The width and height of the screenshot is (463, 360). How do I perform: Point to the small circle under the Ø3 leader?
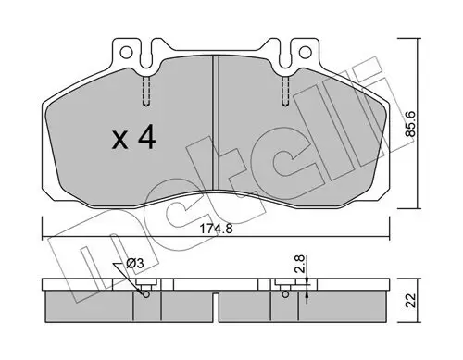(147, 295)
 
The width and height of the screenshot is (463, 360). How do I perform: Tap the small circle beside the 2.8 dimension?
(282, 295)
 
